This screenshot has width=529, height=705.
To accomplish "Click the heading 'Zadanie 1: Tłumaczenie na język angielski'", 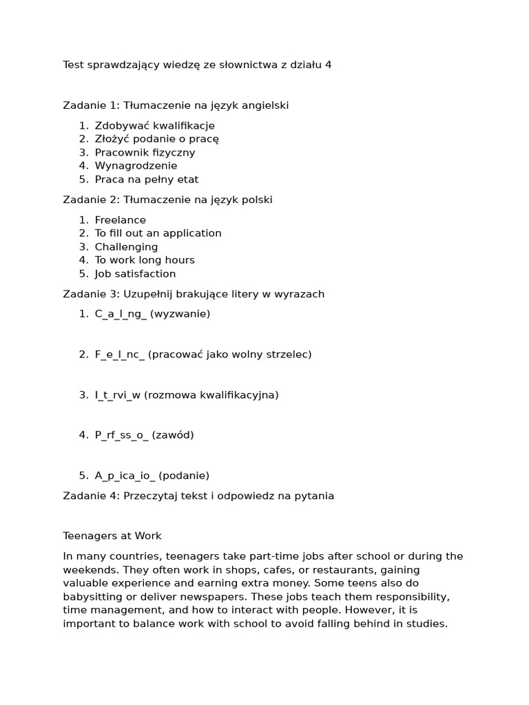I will coord(176,105).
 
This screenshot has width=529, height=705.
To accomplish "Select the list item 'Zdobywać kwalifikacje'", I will coord(154,126).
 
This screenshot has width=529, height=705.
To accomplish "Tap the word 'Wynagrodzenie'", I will coord(136,166).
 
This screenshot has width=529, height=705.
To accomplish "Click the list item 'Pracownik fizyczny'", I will coord(145,153).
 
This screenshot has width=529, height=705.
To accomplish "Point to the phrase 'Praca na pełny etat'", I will coord(146,180).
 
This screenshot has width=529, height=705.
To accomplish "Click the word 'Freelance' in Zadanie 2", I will coord(120,220).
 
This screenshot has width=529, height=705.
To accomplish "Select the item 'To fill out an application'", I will coord(158,233).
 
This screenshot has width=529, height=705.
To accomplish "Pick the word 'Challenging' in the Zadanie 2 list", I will coord(126,247).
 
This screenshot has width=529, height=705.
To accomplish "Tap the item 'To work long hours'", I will coord(145,260).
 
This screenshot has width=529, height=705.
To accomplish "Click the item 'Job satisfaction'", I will coord(135,274).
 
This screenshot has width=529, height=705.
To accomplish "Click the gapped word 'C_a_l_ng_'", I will coord(121,314).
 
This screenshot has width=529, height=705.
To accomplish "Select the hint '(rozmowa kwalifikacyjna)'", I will coord(211,395).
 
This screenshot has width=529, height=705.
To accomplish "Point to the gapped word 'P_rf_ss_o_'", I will coord(121,435).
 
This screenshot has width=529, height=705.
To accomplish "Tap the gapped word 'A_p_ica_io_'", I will coord(125,476).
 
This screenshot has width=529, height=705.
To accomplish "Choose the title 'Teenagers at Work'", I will coord(112,536).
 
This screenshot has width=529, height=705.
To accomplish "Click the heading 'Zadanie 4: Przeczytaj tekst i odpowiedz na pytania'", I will coord(198,496).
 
